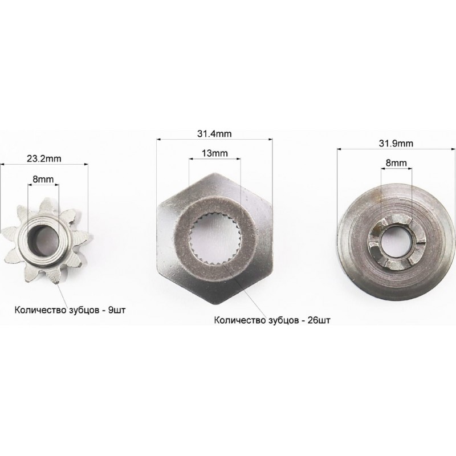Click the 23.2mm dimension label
click(44, 159)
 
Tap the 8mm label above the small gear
click(43, 179)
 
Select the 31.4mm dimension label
click(214, 134)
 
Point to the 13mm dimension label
click(215, 153)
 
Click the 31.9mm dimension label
click(396, 144)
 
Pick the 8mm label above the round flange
click(396, 163)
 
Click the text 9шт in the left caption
click(117, 310)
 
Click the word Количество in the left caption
click(40, 310)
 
